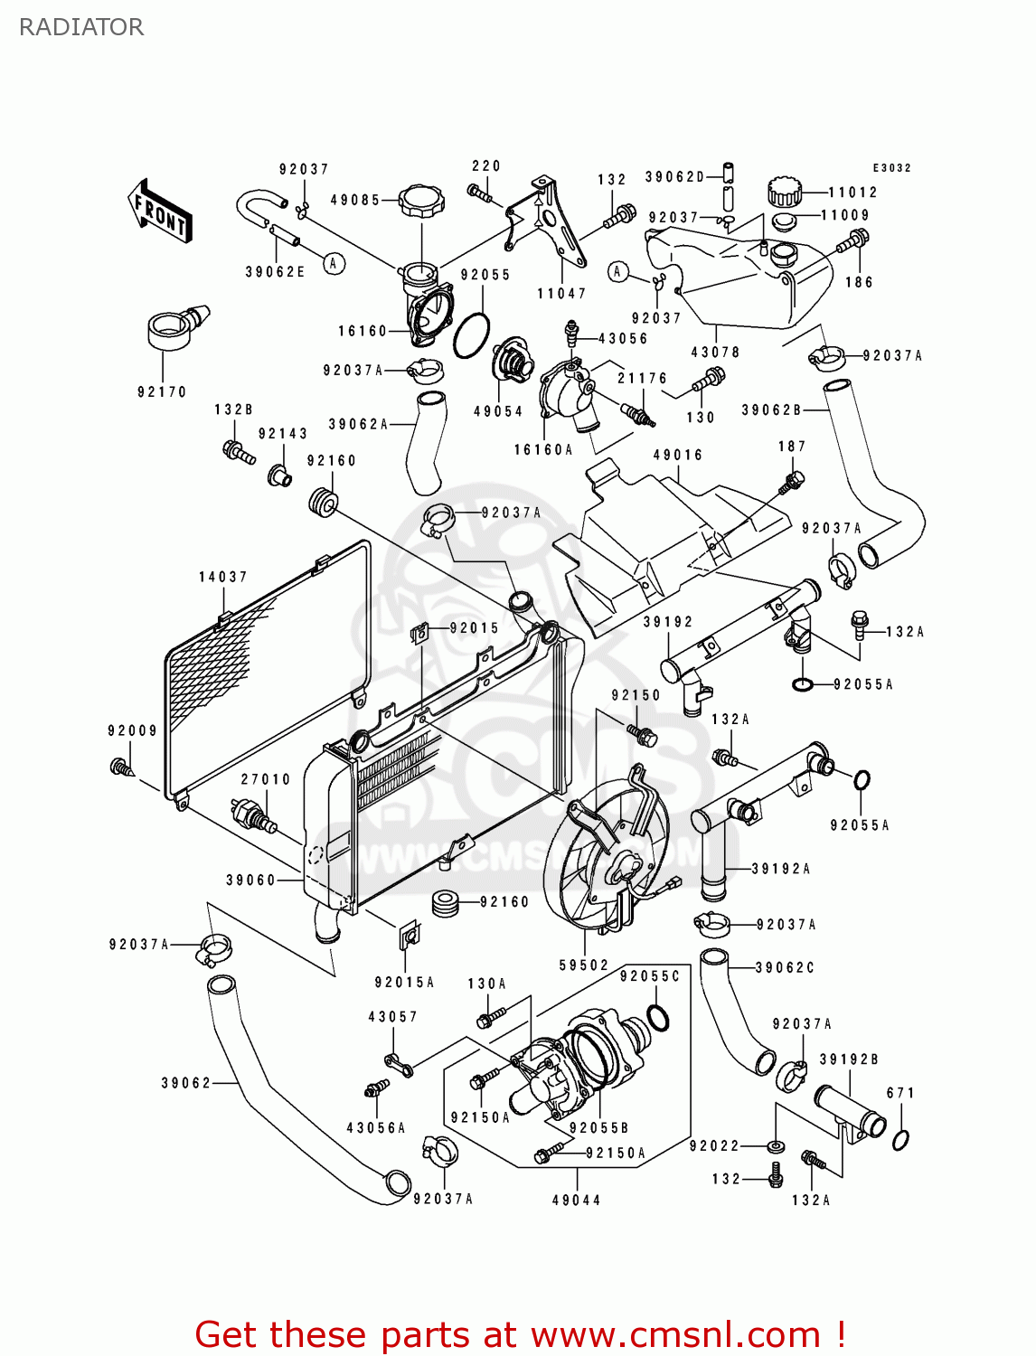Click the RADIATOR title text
[81, 27]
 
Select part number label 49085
[355, 200]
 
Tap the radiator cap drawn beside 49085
[421, 200]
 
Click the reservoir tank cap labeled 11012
[784, 191]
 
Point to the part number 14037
[222, 577]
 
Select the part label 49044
[577, 1200]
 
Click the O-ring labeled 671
[900, 1139]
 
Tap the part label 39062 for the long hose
[186, 1082]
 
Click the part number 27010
[266, 779]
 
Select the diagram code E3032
[891, 168]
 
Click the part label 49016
[678, 455]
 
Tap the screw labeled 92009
[121, 768]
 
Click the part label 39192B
[849, 1059]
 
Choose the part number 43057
[393, 1017]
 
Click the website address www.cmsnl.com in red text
[675, 1334]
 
